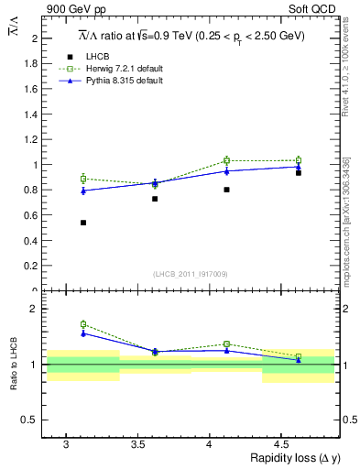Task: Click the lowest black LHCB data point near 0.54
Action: (83, 223)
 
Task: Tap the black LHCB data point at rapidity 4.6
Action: (299, 173)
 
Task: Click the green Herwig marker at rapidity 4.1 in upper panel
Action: (227, 160)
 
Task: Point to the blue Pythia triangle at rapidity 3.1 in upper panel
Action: (83, 191)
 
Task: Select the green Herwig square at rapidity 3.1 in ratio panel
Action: (83, 324)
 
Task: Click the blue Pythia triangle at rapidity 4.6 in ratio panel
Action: (299, 360)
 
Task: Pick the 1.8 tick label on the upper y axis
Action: (32, 64)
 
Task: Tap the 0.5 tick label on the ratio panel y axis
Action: (32, 420)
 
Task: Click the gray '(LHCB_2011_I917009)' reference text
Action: (191, 274)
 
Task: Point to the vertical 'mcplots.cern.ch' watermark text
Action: (346, 220)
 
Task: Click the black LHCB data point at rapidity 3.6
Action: (155, 199)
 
